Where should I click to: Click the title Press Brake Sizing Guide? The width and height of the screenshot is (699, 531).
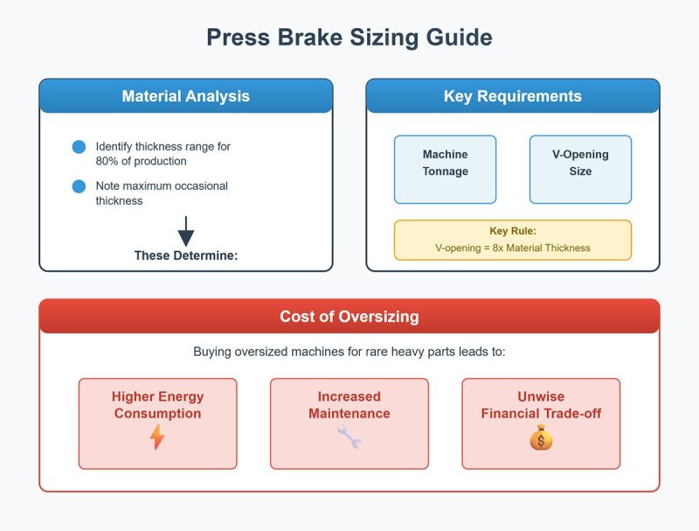click(349, 37)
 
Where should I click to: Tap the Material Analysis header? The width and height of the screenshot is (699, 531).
click(186, 96)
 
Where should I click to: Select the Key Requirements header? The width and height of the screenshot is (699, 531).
click(513, 96)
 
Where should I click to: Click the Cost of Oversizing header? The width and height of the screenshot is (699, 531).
click(349, 317)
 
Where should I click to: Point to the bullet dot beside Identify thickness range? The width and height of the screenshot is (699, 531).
click(79, 147)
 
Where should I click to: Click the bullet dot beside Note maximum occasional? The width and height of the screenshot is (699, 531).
click(79, 186)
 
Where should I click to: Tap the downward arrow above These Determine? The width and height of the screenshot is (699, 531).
click(186, 231)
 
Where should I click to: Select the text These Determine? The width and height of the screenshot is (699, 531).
click(186, 255)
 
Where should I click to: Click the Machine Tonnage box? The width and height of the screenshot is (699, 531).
click(445, 170)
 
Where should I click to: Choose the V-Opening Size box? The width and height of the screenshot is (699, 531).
click(580, 170)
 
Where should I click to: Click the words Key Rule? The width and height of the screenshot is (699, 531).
click(513, 231)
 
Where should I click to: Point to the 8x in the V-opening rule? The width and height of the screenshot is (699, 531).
click(497, 248)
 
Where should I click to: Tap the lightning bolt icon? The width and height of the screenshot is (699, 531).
click(157, 437)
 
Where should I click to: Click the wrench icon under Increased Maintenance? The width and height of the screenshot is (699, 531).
click(349, 437)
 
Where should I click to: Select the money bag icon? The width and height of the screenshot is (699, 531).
click(541, 437)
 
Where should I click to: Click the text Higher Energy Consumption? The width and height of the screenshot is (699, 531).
click(158, 405)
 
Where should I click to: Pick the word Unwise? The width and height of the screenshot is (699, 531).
click(541, 396)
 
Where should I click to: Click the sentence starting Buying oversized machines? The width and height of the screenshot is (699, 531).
click(349, 352)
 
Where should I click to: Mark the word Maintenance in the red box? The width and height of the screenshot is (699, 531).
click(349, 413)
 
